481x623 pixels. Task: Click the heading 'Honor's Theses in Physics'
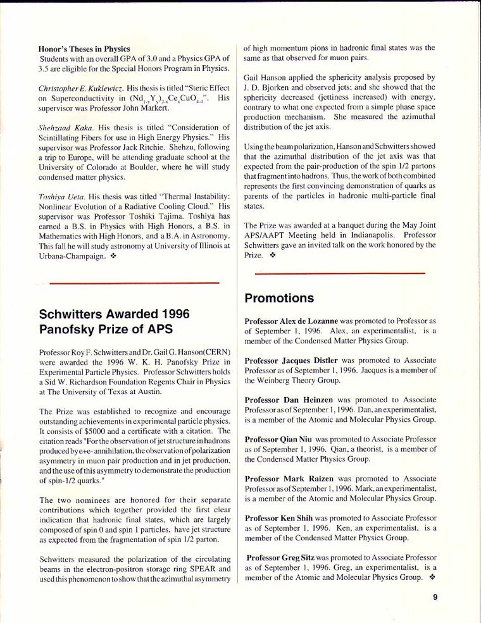click(x=84, y=49)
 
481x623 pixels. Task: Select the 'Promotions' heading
click(x=279, y=298)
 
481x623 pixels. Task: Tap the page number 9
click(x=436, y=595)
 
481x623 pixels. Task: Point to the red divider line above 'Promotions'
click(x=339, y=273)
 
